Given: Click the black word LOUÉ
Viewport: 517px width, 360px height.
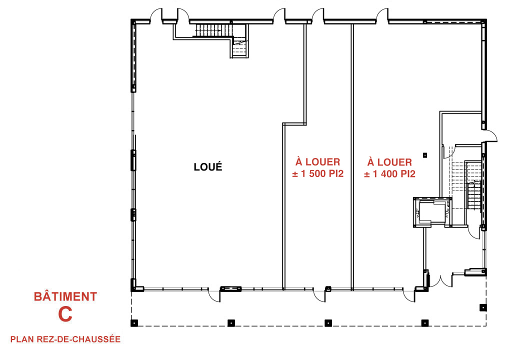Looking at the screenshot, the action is [207, 166].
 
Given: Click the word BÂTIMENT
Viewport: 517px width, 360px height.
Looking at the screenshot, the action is [65, 296].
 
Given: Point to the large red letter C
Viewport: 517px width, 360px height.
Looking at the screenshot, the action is [65, 314].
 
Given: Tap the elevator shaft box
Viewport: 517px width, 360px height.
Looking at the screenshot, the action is [432, 212].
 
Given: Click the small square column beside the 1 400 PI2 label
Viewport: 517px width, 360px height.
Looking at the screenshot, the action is [425, 155].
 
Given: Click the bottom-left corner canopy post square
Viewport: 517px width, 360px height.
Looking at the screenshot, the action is [134, 323].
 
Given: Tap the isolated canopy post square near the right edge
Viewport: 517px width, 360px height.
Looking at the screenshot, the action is [482, 307].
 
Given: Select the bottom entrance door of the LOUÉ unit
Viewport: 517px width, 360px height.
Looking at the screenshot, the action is [214, 294].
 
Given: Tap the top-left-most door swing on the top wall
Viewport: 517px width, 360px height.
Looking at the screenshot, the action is [156, 14].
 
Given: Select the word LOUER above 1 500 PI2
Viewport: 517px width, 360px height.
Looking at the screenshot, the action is [323, 162].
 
